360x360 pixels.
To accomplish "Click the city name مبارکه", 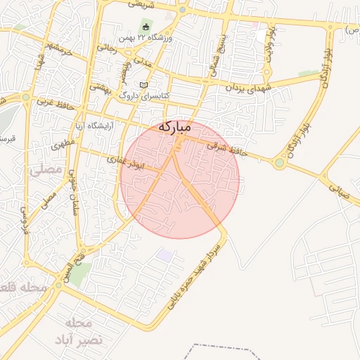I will [174, 127].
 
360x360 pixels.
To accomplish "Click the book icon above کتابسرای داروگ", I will [143, 84].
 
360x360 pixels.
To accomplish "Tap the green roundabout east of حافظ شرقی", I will [279, 163].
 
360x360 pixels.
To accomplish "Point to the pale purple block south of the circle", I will [166, 254].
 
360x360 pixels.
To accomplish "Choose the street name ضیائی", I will [335, 185].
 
